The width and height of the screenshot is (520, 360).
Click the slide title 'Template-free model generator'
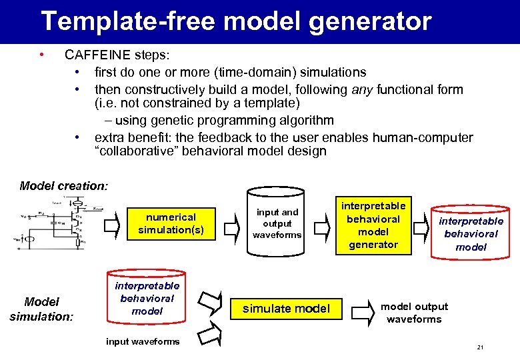[236, 21]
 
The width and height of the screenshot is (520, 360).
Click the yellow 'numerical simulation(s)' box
[171, 223]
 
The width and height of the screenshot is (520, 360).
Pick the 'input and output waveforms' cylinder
[277, 224]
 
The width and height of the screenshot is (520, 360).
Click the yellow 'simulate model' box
[286, 309]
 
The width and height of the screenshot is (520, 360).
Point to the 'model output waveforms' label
[414, 313]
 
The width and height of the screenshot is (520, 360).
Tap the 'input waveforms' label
[143, 341]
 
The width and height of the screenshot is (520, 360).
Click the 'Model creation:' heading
[63, 186]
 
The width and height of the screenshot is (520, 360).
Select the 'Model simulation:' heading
[41, 309]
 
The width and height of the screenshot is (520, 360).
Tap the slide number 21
[481, 348]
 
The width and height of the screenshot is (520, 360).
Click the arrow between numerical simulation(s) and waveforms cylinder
[231, 227]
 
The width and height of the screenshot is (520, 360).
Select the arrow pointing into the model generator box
[321, 227]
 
